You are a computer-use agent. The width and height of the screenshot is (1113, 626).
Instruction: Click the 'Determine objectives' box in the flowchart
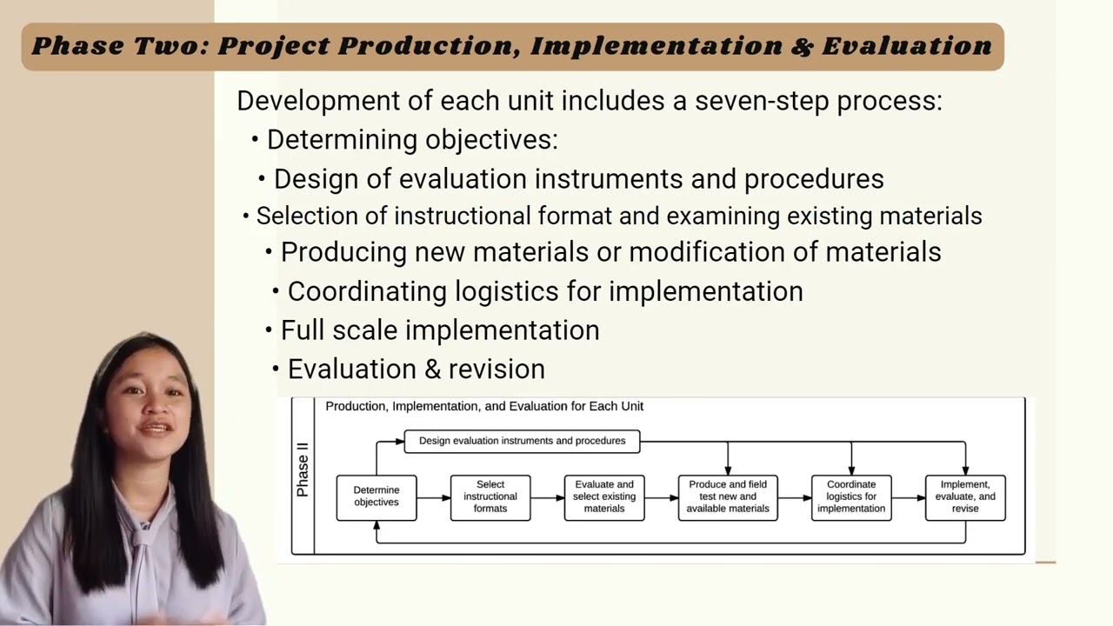tap(377, 497)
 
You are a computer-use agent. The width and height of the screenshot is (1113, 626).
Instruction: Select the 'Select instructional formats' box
tap(490, 497)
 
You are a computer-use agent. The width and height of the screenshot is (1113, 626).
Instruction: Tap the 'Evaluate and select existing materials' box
tap(604, 497)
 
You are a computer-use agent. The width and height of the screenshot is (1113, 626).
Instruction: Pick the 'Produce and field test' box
tap(728, 497)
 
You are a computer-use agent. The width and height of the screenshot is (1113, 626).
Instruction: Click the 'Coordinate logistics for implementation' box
tap(851, 497)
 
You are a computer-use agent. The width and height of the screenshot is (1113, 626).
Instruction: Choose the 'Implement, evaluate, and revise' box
tap(965, 497)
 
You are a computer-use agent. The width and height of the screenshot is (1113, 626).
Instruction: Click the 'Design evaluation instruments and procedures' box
tap(522, 441)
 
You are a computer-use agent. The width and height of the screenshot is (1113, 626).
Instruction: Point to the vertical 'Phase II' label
tap(303, 470)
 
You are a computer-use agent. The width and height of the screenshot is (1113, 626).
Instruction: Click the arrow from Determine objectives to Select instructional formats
tap(433, 497)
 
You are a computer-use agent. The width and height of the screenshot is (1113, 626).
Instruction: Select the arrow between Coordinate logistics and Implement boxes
tap(908, 497)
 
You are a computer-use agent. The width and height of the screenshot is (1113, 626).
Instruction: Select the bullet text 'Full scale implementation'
tap(439, 330)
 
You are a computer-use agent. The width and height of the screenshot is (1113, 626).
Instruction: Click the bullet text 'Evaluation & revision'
tap(416, 370)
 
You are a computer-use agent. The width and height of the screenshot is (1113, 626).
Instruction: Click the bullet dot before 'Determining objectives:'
tap(255, 140)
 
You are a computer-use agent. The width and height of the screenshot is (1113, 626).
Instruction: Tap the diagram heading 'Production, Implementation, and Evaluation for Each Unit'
tap(484, 406)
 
